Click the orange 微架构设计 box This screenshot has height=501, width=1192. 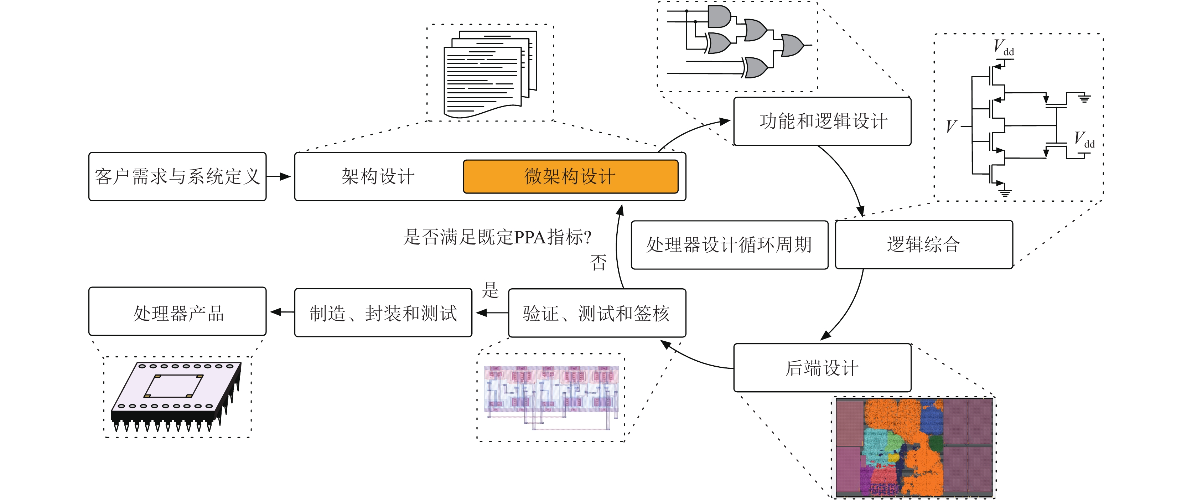pos(571,176)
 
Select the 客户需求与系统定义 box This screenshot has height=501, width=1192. pos(177,176)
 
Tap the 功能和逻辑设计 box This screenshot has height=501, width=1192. pos(822,121)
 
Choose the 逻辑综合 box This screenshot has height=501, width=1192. pos(924,244)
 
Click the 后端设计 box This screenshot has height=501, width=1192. pos(822,368)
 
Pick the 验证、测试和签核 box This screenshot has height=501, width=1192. pos(597,313)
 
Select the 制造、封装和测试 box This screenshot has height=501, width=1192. pos(383,313)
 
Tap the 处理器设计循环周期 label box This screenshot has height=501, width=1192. pos(729,245)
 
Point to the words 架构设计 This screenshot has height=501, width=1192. pos(378,176)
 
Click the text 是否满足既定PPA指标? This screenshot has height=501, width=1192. pos(497,237)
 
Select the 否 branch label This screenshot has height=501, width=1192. pos(598,263)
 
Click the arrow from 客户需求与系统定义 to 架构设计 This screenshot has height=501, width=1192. pos(279,176)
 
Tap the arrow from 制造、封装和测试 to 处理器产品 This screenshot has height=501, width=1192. pos(282,313)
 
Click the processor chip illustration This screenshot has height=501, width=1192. pos(176,397)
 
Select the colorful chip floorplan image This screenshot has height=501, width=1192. pos(915,447)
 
